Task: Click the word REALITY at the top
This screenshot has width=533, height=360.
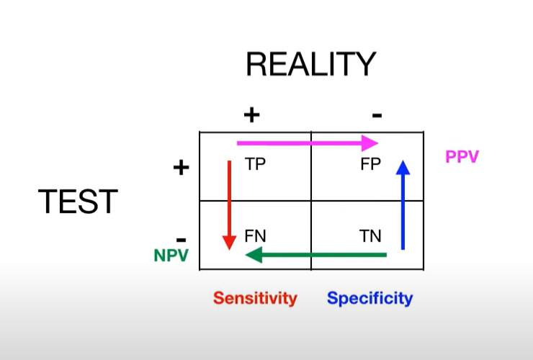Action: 310,64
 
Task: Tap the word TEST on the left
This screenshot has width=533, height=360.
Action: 78,202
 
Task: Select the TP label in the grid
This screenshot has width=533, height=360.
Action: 255,164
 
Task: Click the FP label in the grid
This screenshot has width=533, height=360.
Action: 370,164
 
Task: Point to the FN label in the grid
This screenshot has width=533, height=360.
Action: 256,235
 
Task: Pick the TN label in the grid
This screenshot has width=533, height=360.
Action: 370,235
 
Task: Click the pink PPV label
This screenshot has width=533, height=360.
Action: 462,157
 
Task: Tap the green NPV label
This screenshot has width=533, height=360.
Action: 170,254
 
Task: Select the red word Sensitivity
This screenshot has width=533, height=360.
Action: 255,298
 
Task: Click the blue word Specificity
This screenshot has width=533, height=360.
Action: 370,298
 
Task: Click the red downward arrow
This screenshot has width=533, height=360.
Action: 229,202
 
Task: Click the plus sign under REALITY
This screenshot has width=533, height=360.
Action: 251,114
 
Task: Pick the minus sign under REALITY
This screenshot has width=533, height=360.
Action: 377,114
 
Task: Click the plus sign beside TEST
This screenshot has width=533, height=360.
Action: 181,168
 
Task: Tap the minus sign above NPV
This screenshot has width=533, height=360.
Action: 181,238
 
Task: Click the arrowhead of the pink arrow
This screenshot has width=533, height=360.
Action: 369,143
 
